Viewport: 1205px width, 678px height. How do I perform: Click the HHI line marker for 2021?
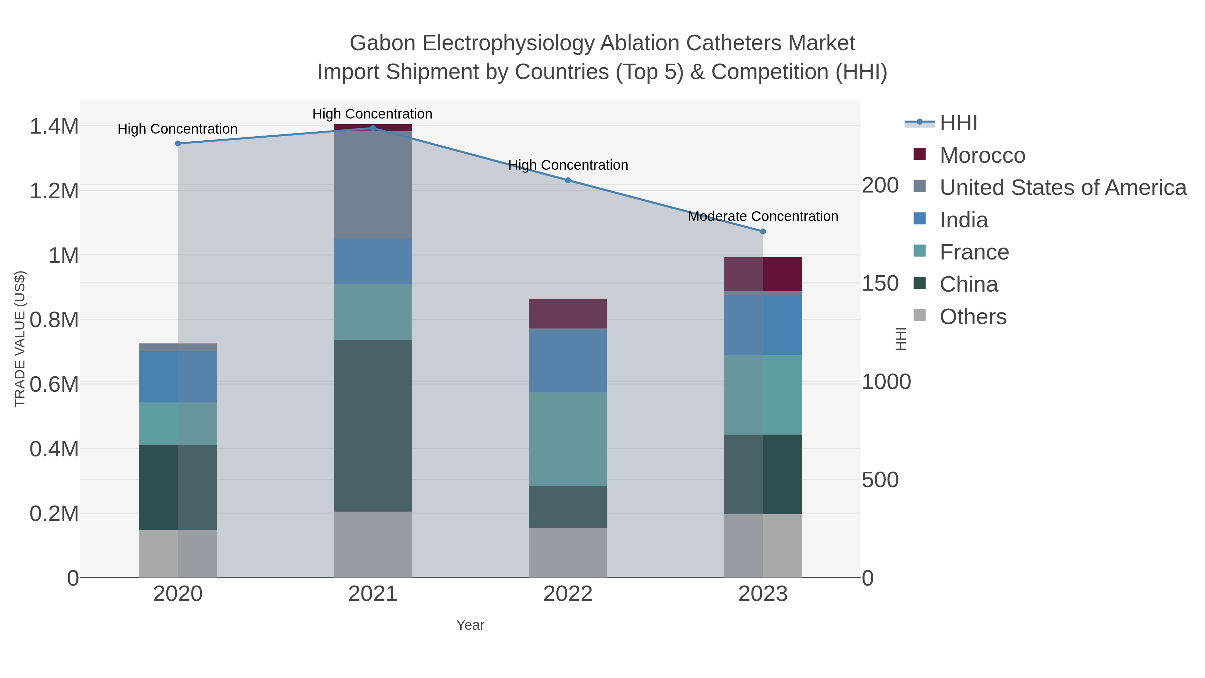click(373, 128)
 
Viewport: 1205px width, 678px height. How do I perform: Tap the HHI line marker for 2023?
click(763, 231)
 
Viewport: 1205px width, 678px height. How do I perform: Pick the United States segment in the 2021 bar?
click(373, 184)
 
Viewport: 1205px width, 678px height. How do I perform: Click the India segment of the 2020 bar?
click(178, 376)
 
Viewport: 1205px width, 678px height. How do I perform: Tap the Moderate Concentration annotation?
click(763, 216)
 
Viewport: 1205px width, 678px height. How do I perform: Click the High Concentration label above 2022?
click(568, 165)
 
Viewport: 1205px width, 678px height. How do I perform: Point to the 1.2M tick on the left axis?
click(54, 191)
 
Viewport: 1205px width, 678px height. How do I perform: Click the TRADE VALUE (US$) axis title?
click(20, 339)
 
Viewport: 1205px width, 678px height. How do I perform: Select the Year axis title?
click(470, 625)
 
